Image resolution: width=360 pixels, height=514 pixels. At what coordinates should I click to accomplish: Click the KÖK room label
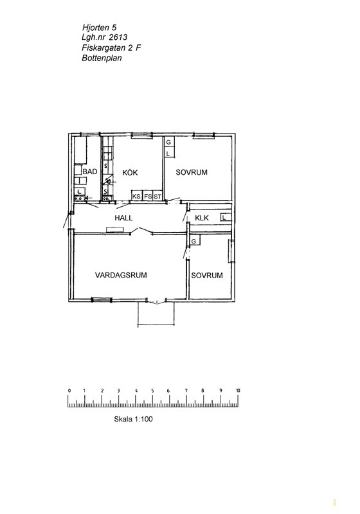pyautogui.click(x=130, y=172)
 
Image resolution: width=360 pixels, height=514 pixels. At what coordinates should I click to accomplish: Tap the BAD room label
pyautogui.click(x=90, y=172)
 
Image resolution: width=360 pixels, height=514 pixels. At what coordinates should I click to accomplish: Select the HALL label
pyautogui.click(x=123, y=218)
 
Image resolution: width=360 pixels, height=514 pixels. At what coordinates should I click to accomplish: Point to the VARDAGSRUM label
pyautogui.click(x=121, y=275)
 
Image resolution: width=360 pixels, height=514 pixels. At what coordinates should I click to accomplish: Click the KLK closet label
pyautogui.click(x=202, y=218)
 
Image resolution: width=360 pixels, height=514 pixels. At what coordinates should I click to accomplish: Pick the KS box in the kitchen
pyautogui.click(x=136, y=196)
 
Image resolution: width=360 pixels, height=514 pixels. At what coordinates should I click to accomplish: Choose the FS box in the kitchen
pyautogui.click(x=148, y=196)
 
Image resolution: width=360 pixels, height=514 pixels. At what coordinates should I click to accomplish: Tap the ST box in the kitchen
pyautogui.click(x=157, y=196)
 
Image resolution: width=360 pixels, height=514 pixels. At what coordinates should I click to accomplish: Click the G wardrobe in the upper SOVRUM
pyautogui.click(x=169, y=142)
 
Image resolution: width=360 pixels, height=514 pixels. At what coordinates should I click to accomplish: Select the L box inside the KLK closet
pyautogui.click(x=226, y=217)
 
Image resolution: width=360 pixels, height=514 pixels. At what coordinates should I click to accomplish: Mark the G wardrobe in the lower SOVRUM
pyautogui.click(x=194, y=241)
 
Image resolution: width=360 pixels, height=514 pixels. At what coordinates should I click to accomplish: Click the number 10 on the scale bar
pyautogui.click(x=238, y=391)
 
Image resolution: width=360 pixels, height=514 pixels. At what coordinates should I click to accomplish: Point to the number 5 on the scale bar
pyautogui.click(x=152, y=391)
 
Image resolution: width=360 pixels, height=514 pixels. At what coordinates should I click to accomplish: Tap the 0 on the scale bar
pyautogui.click(x=69, y=391)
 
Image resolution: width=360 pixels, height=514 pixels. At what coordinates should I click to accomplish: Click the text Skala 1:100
pyautogui.click(x=133, y=419)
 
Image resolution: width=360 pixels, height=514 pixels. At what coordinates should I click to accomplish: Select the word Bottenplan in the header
pyautogui.click(x=102, y=58)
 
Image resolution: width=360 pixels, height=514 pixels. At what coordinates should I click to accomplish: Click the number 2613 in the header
pyautogui.click(x=118, y=37)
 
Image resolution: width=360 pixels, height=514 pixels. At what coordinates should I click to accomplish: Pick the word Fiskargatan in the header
pyautogui.click(x=104, y=48)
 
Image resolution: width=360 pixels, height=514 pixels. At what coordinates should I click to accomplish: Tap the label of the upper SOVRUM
pyautogui.click(x=192, y=172)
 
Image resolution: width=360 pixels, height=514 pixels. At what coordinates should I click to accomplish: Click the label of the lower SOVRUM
pyautogui.click(x=207, y=276)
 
